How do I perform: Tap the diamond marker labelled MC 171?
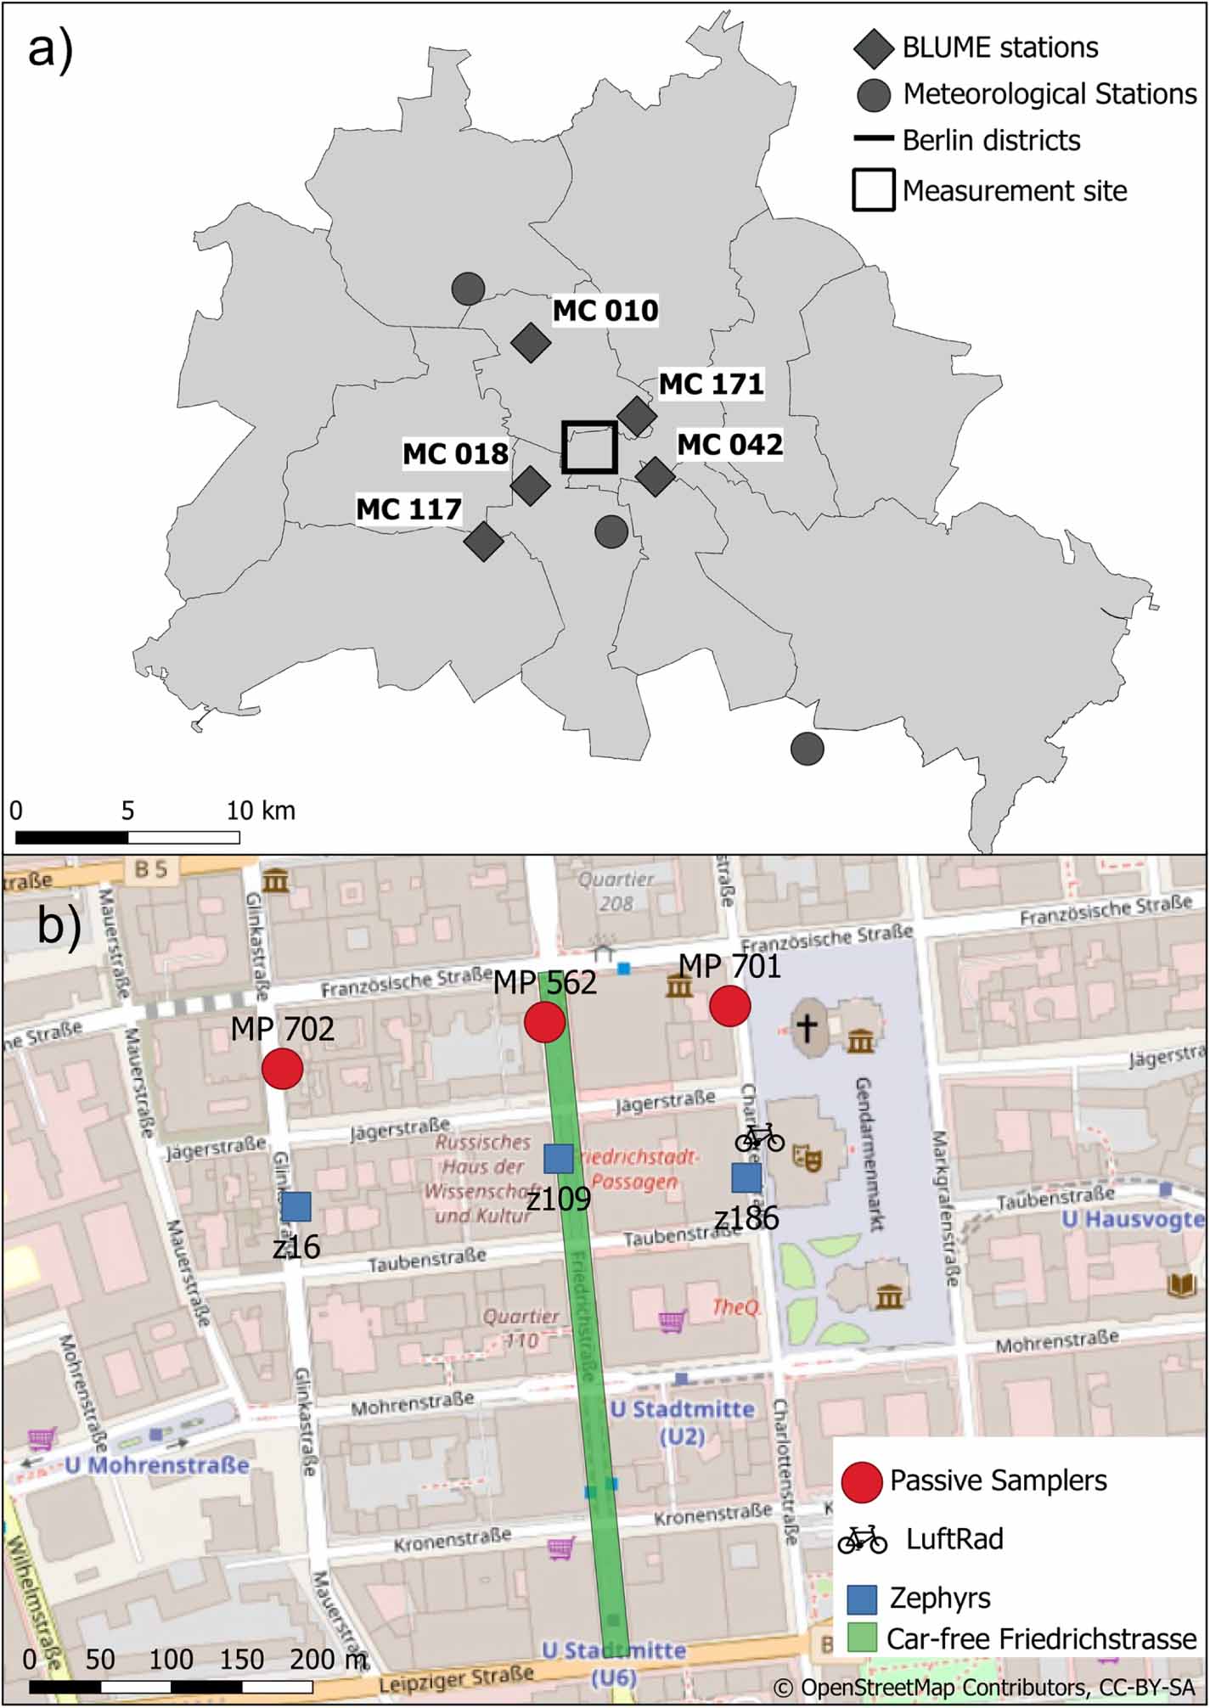point(637,416)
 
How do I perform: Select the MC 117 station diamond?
point(484,542)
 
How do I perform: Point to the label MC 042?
point(729,445)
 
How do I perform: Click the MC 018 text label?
point(455,454)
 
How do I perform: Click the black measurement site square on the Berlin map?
point(589,447)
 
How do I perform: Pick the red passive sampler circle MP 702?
point(283,1068)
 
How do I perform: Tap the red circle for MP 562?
point(544,1021)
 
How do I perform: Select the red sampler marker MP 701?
point(729,1006)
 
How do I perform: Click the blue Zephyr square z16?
point(296,1206)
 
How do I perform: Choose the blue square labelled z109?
point(558,1158)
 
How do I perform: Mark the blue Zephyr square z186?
point(746,1177)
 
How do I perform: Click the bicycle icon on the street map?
point(759,1138)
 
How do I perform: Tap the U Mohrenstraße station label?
point(158,1464)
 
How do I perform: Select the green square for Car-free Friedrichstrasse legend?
point(862,1638)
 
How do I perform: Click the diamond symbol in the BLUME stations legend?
point(873,49)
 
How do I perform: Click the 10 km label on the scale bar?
point(261,811)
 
